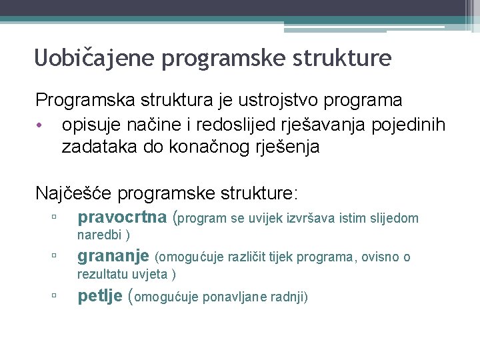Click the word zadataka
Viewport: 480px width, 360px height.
[99, 147]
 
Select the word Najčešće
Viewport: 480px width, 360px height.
[74, 194]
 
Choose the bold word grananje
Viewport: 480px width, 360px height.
[113, 256]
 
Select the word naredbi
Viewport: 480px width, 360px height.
[100, 235]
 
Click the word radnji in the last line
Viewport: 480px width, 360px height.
[289, 297]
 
